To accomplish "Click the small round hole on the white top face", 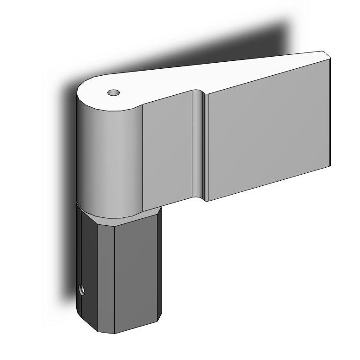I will pyautogui.click(x=113, y=92).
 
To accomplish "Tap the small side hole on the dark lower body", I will pyautogui.click(x=81, y=290).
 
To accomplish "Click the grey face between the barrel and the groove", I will pyautogui.click(x=167, y=149).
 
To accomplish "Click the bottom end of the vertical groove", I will pyautogui.click(x=203, y=197).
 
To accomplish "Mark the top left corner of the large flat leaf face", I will pyautogui.click(x=209, y=95).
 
